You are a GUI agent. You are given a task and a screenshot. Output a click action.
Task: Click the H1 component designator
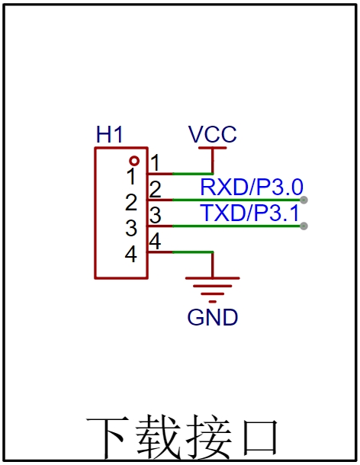click(109, 134)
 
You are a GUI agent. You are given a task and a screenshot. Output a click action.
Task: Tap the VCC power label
click(213, 134)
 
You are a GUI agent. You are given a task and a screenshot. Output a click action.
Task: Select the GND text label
click(213, 317)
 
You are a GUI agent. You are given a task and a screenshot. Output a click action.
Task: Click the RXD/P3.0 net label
click(252, 187)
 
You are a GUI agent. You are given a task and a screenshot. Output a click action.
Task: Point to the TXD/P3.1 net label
click(250, 213)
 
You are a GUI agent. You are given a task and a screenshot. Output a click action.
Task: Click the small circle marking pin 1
click(134, 161)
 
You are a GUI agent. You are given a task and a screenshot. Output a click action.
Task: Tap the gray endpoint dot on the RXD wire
click(304, 200)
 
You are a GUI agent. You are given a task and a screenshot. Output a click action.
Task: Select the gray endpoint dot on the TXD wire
click(304, 226)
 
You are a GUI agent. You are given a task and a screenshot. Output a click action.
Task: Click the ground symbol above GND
click(213, 290)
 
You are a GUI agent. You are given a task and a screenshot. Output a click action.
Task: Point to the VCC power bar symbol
click(213, 148)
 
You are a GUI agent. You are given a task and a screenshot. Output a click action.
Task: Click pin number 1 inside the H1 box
click(131, 176)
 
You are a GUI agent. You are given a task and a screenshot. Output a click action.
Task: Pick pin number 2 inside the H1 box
click(131, 202)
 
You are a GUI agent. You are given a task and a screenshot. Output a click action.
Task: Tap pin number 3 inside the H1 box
click(131, 228)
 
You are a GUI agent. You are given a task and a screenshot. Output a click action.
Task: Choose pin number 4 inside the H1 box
click(131, 254)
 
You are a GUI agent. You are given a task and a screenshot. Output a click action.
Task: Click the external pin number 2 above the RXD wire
click(156, 189)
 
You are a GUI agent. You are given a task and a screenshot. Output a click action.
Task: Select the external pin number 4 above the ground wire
click(155, 241)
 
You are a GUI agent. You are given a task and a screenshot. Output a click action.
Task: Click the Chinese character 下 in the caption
click(108, 437)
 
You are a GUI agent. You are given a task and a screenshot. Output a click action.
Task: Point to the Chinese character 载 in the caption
click(159, 437)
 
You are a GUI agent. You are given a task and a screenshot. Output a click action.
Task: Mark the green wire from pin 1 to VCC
click(192, 174)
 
